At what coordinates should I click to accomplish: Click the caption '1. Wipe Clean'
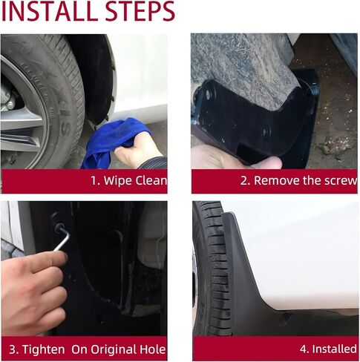128,180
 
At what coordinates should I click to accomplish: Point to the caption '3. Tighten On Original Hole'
87,349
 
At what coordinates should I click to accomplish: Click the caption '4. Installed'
328,349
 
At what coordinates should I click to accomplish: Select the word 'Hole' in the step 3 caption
151,349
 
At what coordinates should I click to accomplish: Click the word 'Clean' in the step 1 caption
151,180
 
